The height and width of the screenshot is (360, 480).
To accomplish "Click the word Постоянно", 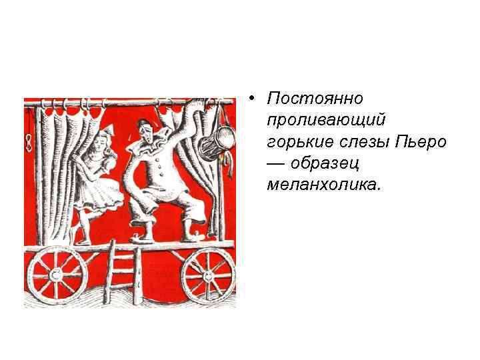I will click(x=315, y=99).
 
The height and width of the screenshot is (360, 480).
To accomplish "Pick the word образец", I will click(x=324, y=163).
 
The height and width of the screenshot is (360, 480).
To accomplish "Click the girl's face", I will click(x=99, y=144).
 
